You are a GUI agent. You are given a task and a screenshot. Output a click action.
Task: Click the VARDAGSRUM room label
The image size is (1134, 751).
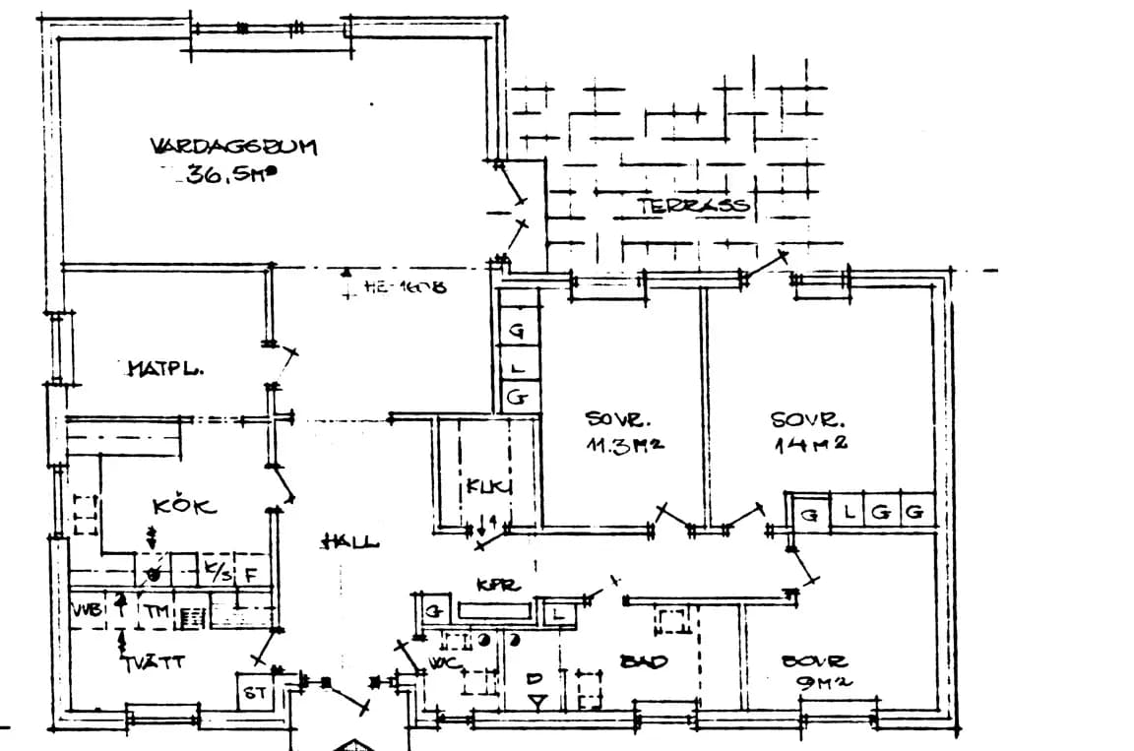tap(233, 147)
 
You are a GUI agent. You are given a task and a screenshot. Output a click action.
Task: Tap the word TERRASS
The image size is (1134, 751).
tap(694, 207)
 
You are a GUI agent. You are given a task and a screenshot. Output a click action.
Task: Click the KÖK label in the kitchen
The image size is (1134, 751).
tap(184, 507)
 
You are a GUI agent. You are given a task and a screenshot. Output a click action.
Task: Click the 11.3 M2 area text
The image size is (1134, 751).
tap(625, 444)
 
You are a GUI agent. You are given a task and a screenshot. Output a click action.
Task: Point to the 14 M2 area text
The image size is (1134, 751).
tap(811, 444)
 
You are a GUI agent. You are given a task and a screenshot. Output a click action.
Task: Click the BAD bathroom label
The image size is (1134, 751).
tap(644, 661)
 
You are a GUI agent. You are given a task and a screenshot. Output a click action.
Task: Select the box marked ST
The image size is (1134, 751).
tap(255, 694)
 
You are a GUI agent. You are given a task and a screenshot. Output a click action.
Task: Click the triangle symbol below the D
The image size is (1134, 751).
tap(535, 701)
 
